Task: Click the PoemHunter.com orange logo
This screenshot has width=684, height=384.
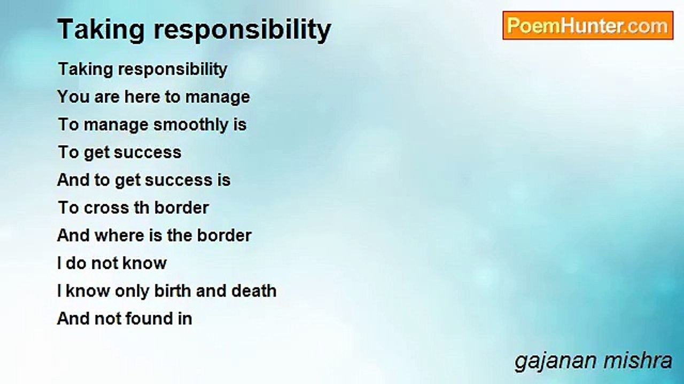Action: (588, 26)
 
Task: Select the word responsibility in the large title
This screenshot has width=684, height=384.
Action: (243, 30)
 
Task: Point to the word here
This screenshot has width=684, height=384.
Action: (142, 97)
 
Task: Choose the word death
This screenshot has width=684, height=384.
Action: (254, 291)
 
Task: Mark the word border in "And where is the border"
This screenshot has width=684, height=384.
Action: (224, 236)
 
